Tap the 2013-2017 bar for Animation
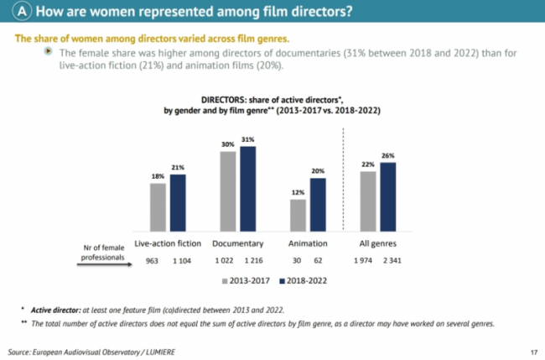[x=298, y=214]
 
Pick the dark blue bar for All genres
[x=387, y=196]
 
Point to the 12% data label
[x=298, y=193]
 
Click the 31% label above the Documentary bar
[x=247, y=139]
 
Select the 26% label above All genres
[x=387, y=155]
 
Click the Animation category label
[x=308, y=243]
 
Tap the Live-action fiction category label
[x=167, y=243]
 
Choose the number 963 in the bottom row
[x=153, y=261]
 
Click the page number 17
[x=533, y=350]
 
